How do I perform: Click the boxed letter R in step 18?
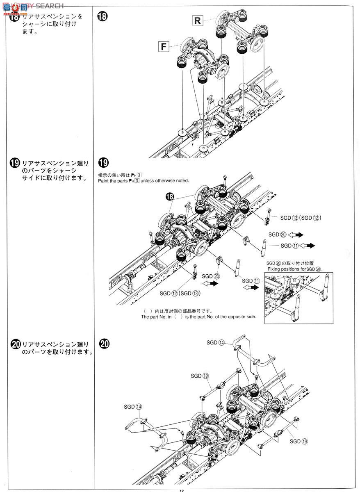point(198,20)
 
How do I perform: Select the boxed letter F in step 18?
point(164,46)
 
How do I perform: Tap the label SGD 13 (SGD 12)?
point(300,218)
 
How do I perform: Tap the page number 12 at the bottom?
point(180,490)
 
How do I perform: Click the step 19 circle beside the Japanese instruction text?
point(14,163)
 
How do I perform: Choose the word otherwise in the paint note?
point(167,181)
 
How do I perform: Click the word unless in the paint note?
point(149,181)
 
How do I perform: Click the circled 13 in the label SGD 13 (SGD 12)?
point(295,218)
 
